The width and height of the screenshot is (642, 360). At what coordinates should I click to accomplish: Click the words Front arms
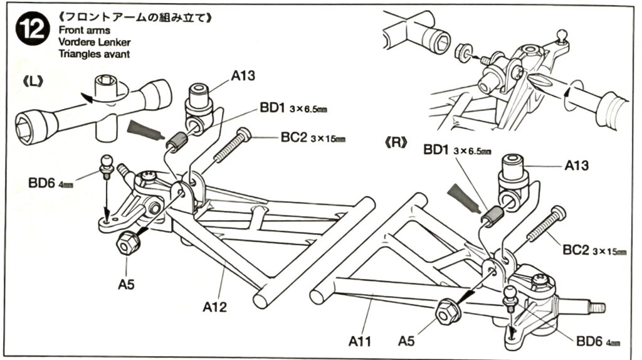pyautogui.click(x=84, y=30)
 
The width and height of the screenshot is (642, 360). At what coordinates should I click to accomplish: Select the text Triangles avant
pyautogui.click(x=95, y=54)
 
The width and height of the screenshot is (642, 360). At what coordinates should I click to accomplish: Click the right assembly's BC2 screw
pyautogui.click(x=544, y=225)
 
